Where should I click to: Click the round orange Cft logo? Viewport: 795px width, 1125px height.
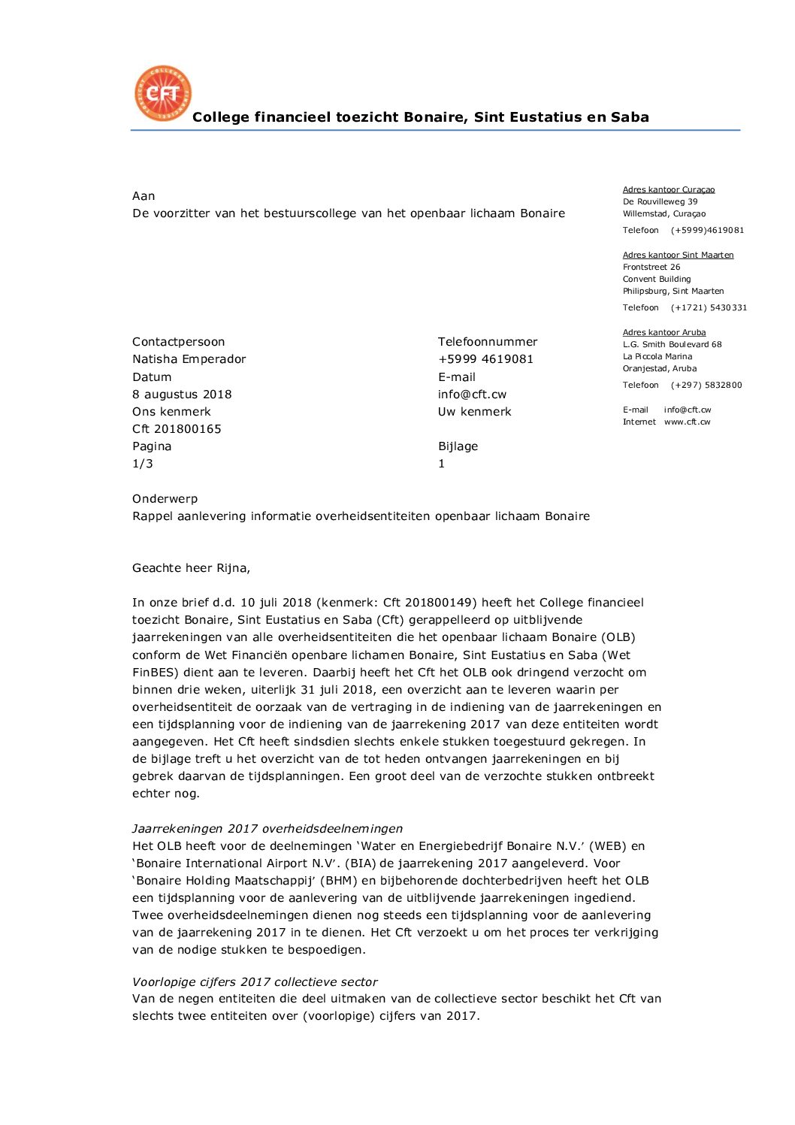click(x=163, y=93)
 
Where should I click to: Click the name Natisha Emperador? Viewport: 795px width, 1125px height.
click(x=189, y=359)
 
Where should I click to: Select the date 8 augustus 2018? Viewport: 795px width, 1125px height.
click(x=182, y=395)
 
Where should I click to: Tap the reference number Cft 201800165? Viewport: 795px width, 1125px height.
click(x=177, y=429)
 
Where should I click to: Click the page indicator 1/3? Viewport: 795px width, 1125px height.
click(x=143, y=464)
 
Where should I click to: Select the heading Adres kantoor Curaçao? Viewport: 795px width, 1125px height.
click(x=668, y=190)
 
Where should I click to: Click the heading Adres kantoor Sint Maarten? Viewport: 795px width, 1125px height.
click(x=678, y=256)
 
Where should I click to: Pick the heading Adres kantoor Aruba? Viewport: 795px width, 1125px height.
click(x=664, y=333)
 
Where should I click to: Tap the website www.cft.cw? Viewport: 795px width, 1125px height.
click(x=687, y=422)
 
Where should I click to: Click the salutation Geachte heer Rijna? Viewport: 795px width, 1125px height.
click(x=191, y=568)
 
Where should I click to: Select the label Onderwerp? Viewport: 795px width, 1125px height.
click(x=165, y=499)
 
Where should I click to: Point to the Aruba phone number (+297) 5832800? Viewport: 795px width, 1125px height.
click(x=706, y=386)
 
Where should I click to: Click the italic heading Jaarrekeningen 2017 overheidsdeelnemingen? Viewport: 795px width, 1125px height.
click(x=267, y=829)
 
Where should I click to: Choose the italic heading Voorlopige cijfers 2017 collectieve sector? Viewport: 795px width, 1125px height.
click(x=255, y=982)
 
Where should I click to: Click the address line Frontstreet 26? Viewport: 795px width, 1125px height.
click(x=651, y=268)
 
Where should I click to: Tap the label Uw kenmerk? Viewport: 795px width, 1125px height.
click(x=474, y=412)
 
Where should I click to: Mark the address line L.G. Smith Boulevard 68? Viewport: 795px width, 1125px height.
click(x=672, y=345)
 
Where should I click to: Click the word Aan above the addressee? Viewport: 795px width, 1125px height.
click(x=144, y=196)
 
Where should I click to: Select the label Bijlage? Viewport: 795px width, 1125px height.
click(x=458, y=446)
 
